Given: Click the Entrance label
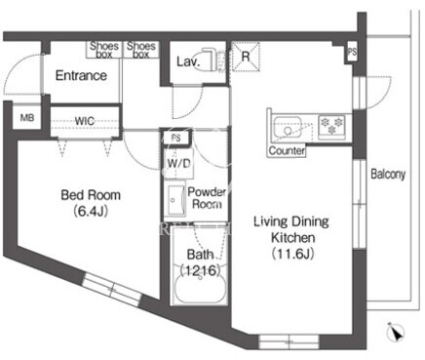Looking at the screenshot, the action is [81, 76].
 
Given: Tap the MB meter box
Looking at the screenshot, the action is [27, 117].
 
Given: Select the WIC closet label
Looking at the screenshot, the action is [85, 121].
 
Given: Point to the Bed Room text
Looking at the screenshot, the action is [91, 195].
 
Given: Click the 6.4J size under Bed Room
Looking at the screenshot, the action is [91, 212].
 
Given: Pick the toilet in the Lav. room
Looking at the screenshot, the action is [214, 60].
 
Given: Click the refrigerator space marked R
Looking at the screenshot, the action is [246, 57].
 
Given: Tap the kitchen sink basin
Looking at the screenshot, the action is [288, 127].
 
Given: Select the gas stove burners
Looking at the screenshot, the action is [331, 127].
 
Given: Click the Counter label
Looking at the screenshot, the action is [287, 151].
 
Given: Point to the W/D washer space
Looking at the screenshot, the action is [178, 164].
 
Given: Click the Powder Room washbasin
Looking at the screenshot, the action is [176, 200].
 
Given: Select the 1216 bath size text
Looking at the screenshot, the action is [200, 270].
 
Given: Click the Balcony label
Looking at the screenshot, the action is [388, 175].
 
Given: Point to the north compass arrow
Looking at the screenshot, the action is [395, 333].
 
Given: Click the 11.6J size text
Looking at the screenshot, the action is [292, 254].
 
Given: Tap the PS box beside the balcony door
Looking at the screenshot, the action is [352, 52].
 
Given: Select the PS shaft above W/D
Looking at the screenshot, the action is [175, 139].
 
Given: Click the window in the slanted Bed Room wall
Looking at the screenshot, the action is [111, 289].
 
